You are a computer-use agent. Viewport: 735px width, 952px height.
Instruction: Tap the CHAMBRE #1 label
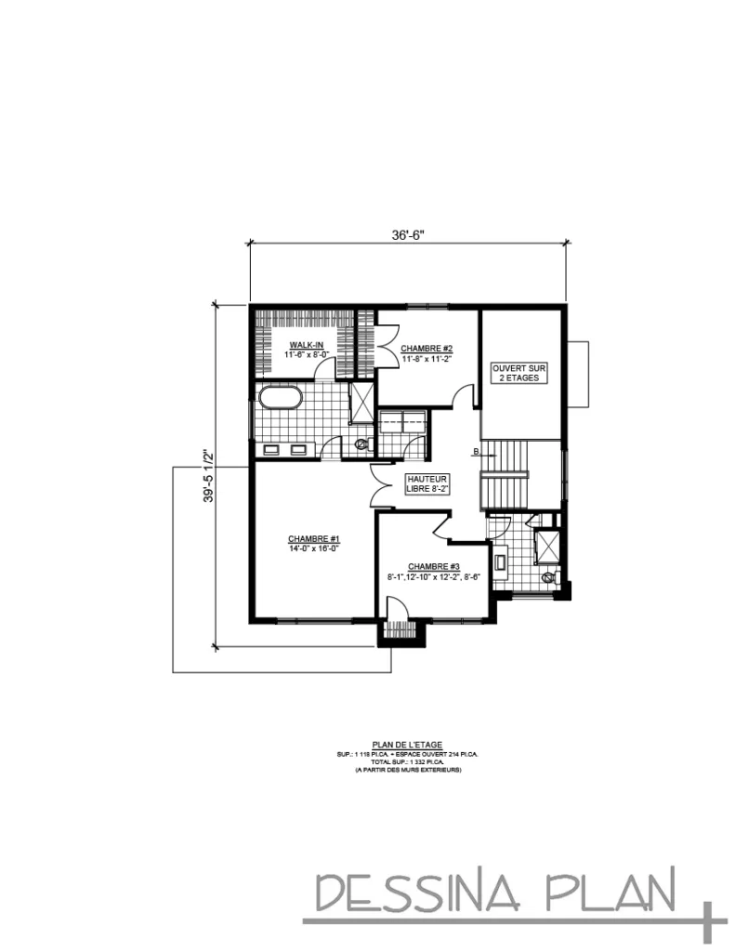click(314, 539)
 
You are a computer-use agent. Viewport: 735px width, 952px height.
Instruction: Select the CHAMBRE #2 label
click(427, 349)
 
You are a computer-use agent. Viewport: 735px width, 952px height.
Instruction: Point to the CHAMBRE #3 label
click(434, 567)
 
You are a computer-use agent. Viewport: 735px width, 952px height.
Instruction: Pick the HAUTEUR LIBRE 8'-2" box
click(427, 483)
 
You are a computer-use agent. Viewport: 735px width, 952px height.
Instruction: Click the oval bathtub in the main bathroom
click(281, 398)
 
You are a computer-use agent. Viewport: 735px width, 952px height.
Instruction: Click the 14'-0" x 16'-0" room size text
click(314, 549)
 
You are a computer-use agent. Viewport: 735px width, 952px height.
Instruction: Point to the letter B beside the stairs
click(476, 453)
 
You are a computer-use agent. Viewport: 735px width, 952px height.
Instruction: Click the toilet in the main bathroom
click(361, 444)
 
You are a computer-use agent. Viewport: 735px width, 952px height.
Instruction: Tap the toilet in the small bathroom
click(548, 576)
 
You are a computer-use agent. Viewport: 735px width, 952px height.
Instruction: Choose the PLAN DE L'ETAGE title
click(407, 744)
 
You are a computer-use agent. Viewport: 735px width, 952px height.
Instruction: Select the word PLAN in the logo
click(618, 892)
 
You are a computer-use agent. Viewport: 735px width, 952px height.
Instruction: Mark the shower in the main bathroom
click(360, 403)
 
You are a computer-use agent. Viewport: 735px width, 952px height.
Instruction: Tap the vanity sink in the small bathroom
click(502, 562)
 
